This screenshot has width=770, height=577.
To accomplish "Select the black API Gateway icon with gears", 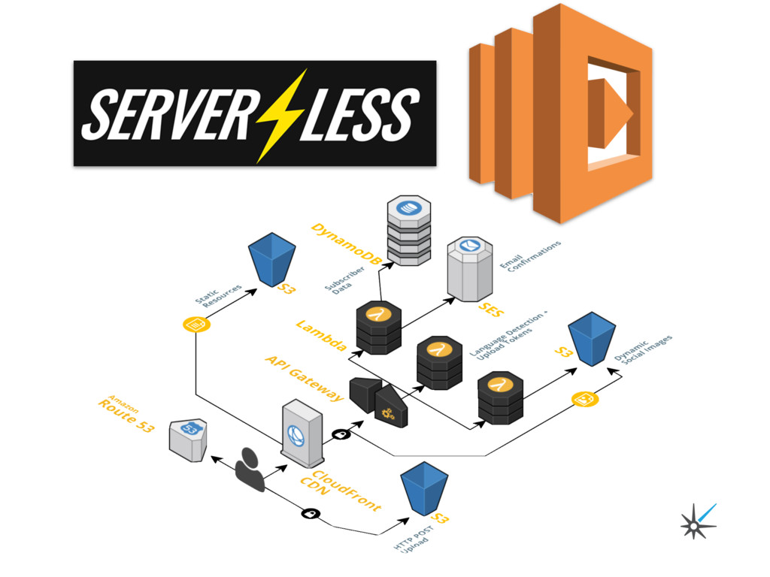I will pyautogui.click(x=380, y=402).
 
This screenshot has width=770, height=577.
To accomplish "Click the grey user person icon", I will pyautogui.click(x=250, y=470).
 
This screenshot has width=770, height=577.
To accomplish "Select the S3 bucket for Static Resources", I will pyautogui.click(x=271, y=258).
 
